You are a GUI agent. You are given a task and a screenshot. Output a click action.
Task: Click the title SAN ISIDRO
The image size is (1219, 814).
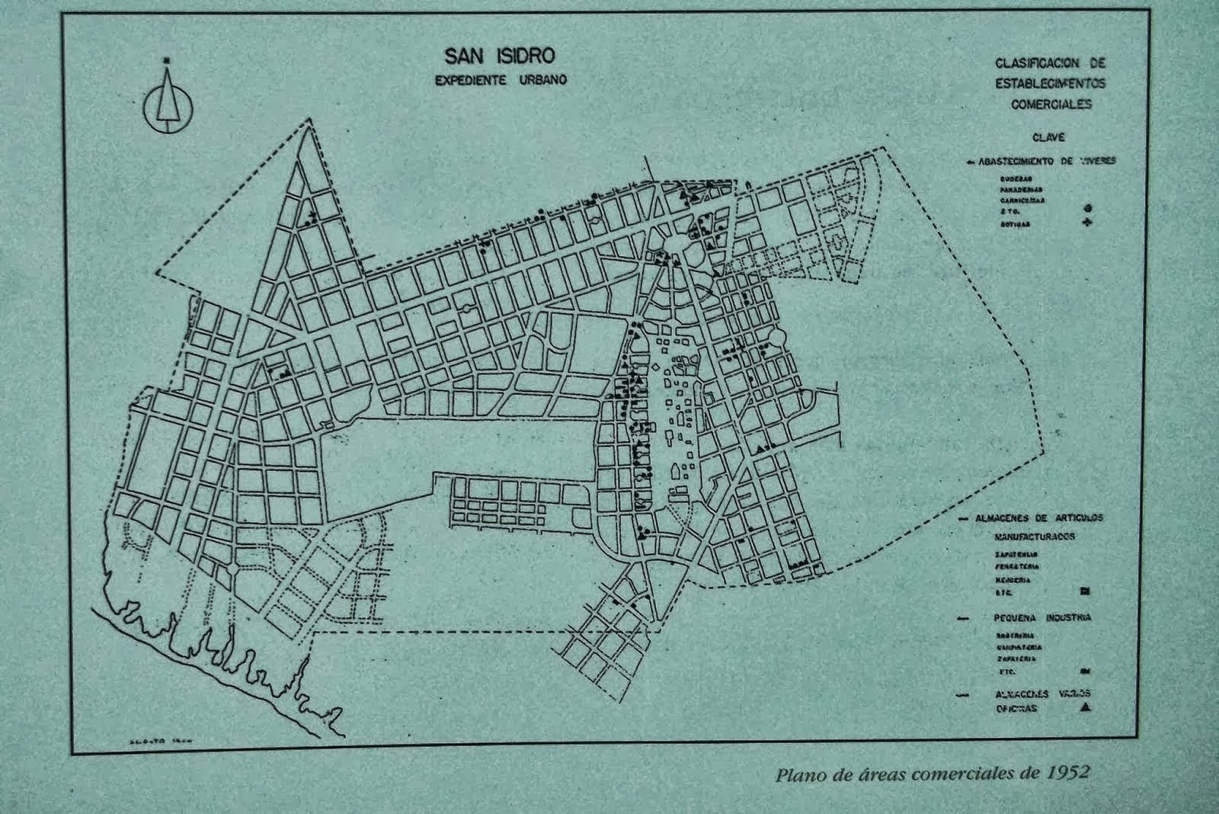pos(500,56)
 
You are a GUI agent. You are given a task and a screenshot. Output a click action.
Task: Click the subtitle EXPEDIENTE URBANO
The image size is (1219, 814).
pos(500,80)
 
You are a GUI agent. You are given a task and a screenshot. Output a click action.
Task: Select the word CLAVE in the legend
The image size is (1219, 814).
pos(1048,138)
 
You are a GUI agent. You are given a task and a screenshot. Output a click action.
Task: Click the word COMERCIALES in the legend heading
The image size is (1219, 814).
pos(1051,104)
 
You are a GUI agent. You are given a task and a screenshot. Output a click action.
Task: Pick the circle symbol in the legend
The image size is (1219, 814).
pos(1087,208)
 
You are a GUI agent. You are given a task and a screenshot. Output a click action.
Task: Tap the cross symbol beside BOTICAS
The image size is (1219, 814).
pos(1087,223)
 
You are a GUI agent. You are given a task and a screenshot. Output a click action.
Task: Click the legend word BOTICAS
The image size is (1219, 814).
pos(1016,225)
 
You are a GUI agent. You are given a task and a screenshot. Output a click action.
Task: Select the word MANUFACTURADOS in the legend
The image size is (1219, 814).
pos(1035,537)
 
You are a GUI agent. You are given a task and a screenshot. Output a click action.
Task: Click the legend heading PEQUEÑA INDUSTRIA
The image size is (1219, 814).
pos(1041,617)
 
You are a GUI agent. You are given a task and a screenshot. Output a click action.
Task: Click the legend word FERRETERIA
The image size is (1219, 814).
pos(1016,567)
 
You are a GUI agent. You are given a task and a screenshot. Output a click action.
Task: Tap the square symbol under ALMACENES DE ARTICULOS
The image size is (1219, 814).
pos(1085,591)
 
